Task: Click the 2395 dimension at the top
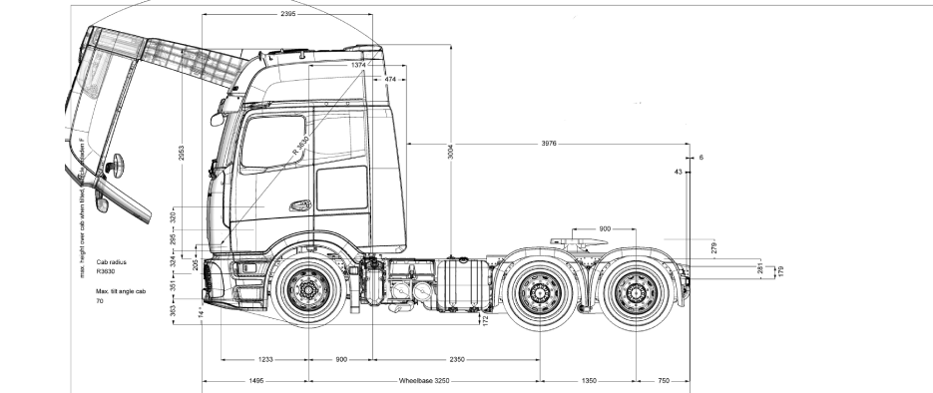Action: point(287,15)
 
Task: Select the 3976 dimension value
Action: point(549,144)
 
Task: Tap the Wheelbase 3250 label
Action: point(425,380)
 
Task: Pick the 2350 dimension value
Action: point(457,358)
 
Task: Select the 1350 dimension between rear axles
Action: point(590,380)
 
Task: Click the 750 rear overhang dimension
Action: point(664,380)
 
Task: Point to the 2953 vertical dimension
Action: point(183,150)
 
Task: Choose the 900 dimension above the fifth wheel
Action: point(605,229)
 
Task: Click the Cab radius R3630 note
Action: point(112,266)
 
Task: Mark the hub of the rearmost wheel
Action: point(639,292)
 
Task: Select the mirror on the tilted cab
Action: point(118,162)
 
